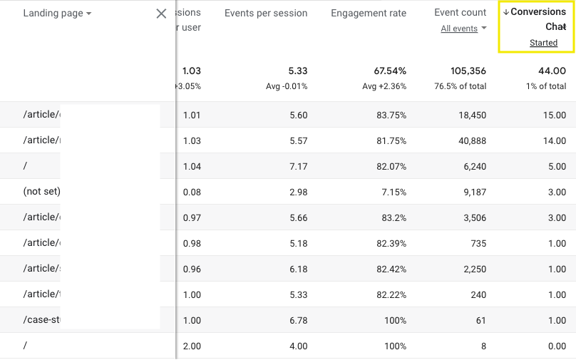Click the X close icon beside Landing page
[x=161, y=14]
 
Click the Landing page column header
[x=57, y=14]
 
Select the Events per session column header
[x=266, y=13]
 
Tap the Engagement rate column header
[x=369, y=13]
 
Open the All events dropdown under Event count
[x=463, y=29]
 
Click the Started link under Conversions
[x=543, y=43]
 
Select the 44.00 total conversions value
[x=552, y=71]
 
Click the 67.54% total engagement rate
[x=390, y=71]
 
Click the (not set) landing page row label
[x=42, y=192]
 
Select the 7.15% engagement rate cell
[x=392, y=192]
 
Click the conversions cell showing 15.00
[x=554, y=115]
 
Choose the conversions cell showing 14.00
[x=554, y=140]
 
